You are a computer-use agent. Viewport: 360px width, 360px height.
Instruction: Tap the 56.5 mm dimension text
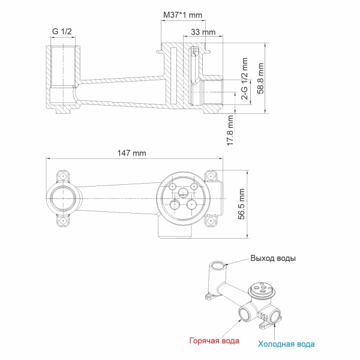coord(242,204)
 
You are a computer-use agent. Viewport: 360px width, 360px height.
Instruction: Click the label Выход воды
coord(273,259)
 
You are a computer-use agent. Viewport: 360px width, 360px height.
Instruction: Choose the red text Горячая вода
coord(214,341)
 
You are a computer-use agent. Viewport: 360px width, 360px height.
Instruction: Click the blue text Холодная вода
coord(286,344)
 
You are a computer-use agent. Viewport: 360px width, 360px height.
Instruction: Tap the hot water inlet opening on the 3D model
coord(245,314)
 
